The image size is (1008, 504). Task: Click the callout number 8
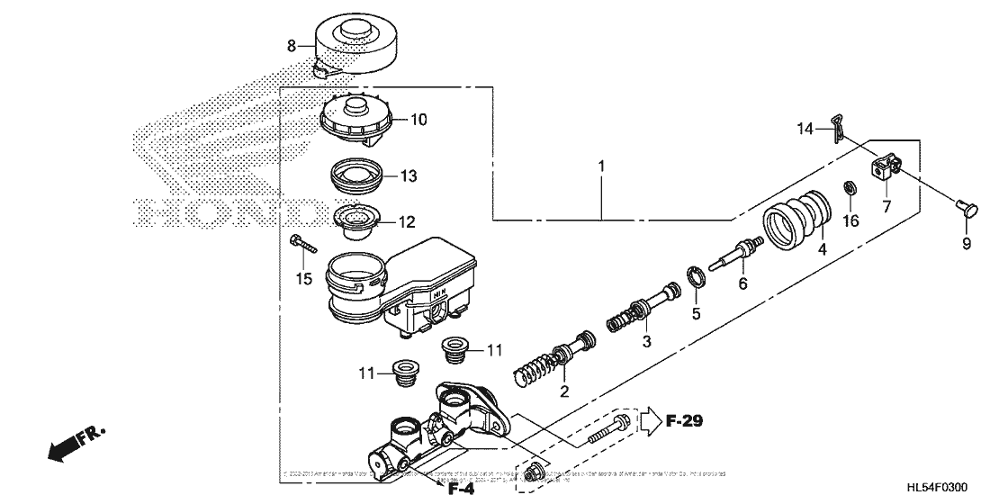click(291, 44)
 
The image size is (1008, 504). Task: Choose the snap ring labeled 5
click(696, 276)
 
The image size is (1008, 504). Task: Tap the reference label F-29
click(682, 419)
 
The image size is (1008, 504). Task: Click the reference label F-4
click(461, 489)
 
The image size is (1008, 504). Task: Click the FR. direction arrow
click(76, 444)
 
